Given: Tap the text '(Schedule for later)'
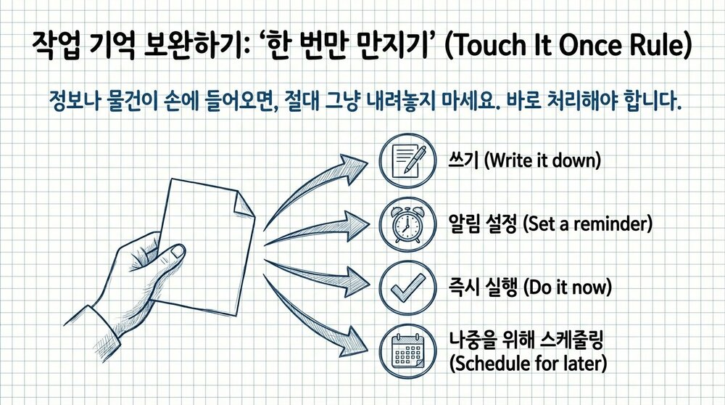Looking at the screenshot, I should point(529,363).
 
